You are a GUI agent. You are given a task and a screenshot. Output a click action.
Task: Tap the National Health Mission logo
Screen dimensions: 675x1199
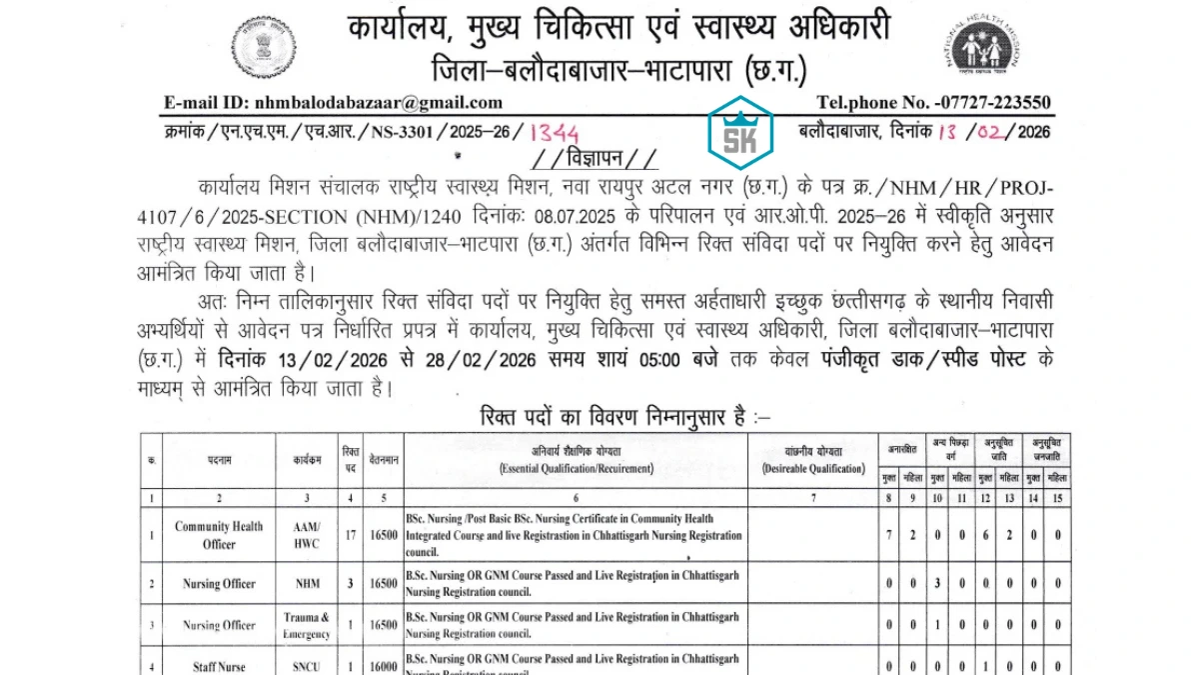[979, 52]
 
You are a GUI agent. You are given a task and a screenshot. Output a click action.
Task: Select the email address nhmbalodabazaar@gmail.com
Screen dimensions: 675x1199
[379, 102]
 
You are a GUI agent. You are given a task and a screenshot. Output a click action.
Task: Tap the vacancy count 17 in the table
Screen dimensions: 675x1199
[350, 535]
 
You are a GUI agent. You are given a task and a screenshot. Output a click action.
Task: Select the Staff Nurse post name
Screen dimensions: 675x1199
[219, 666]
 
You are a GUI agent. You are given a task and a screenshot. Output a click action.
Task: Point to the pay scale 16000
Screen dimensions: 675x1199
[385, 666]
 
